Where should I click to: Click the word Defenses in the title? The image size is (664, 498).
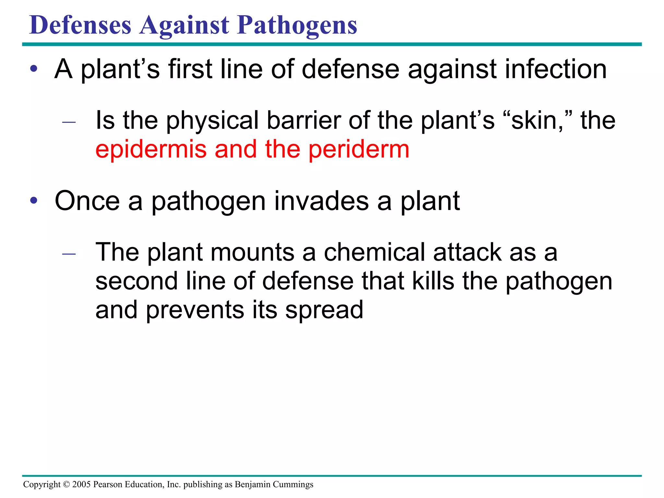(x=80, y=25)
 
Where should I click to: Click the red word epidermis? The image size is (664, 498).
(x=151, y=150)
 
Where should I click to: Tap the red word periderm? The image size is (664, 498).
(x=359, y=150)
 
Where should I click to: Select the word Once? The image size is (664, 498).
(x=87, y=201)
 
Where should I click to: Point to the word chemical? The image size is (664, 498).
(x=374, y=252)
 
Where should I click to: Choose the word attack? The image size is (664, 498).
(x=467, y=252)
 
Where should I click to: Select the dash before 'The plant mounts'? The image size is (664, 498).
(x=69, y=254)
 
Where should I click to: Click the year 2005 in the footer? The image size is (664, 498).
(x=81, y=484)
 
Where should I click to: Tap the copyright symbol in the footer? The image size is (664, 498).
(x=66, y=484)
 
